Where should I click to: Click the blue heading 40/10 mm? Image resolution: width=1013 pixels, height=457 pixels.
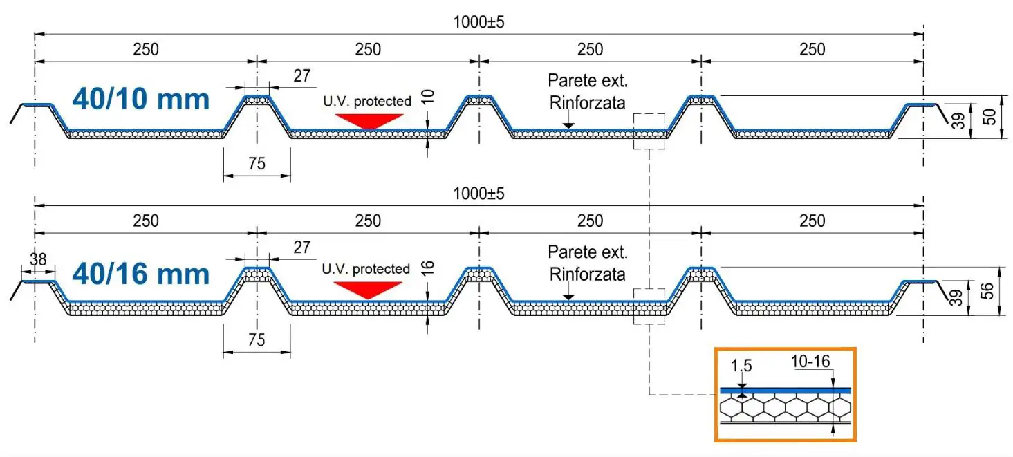tap(140, 100)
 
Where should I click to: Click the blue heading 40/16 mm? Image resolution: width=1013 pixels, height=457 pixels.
tap(140, 274)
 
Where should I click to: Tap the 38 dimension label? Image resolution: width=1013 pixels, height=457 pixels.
tap(38, 260)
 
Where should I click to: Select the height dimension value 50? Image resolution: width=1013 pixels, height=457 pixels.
tap(991, 116)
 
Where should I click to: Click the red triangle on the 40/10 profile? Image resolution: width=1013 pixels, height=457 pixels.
tap(369, 121)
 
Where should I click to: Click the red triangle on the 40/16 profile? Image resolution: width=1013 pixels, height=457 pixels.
tap(368, 289)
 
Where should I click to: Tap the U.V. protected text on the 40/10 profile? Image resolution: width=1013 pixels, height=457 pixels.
tap(366, 101)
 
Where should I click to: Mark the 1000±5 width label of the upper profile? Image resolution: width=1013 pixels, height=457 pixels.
tap(478, 21)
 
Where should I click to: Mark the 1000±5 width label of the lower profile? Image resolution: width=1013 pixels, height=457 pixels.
tap(478, 193)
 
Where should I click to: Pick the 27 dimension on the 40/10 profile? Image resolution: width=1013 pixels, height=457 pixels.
tap(302, 76)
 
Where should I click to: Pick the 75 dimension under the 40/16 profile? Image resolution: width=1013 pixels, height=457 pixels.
tap(257, 339)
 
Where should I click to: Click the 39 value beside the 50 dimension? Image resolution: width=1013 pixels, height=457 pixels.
tap(958, 121)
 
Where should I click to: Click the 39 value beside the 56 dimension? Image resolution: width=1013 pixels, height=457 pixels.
tap(958, 297)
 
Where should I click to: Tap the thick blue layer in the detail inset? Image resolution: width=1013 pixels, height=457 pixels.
tap(785, 390)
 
